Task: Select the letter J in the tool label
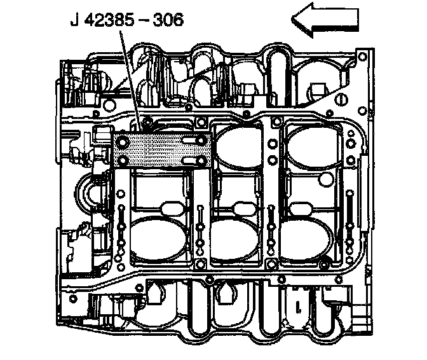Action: pyautogui.click(x=74, y=20)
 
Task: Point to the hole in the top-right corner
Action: pyautogui.click(x=362, y=57)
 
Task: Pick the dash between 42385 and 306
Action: pyautogui.click(x=146, y=20)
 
